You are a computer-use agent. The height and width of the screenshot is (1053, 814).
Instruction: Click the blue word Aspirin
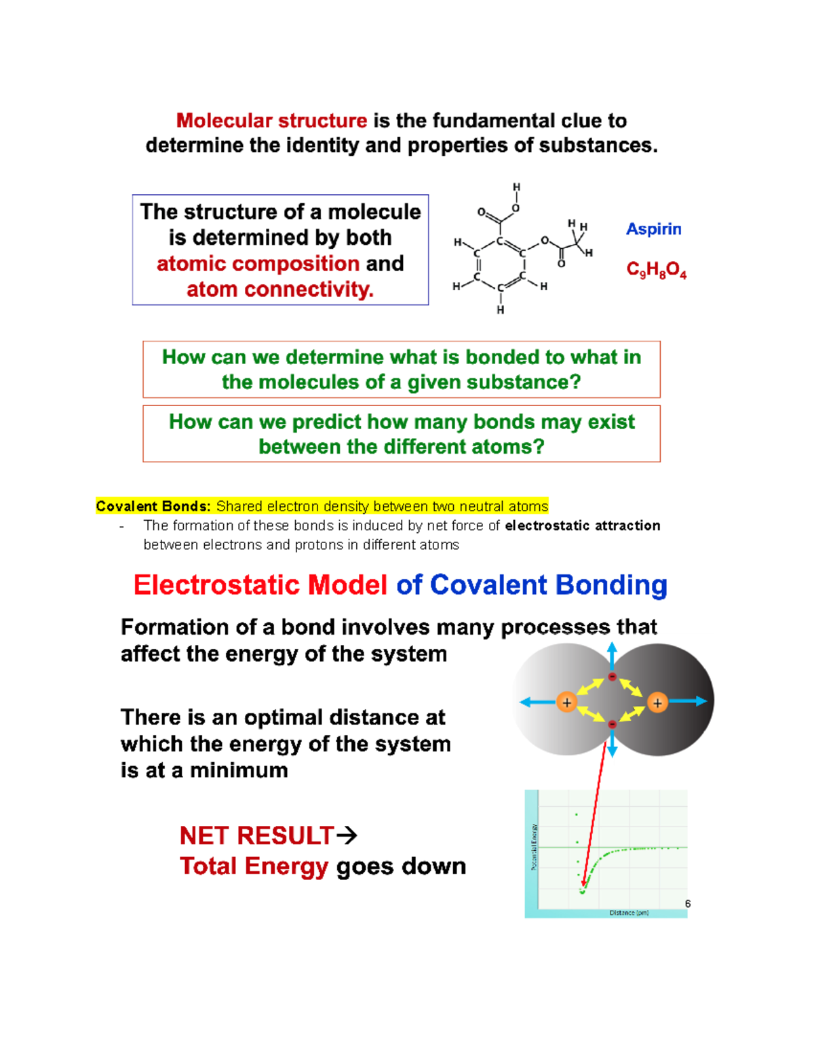coord(653,229)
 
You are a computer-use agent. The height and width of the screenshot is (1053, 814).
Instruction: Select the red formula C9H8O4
coord(656,271)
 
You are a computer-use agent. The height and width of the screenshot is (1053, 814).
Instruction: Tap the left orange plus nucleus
coord(566,702)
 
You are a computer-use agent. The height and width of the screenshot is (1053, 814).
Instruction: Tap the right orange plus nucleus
coord(657,702)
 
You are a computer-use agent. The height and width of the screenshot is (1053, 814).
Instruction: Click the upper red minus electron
coord(612,677)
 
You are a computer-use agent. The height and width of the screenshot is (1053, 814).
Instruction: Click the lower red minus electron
coord(612,725)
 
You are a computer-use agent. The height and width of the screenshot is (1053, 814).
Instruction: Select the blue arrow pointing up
coord(612,654)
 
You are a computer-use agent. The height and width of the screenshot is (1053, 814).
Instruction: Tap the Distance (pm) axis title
coord(629,913)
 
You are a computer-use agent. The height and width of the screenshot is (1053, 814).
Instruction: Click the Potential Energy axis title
coord(535,848)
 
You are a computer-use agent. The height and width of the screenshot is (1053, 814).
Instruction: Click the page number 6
coord(688,903)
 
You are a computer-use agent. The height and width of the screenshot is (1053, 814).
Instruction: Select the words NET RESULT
coord(257,836)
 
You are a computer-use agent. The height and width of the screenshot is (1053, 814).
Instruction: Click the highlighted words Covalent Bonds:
coord(153,506)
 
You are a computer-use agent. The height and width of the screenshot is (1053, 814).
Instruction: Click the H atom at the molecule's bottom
coord(501,310)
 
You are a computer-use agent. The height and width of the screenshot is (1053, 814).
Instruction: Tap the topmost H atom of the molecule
coord(516,187)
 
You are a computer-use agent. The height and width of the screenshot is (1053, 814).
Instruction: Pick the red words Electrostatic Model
coord(260,585)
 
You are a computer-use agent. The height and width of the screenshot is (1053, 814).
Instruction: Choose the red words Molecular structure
coord(271,121)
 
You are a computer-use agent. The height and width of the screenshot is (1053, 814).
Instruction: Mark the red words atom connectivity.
coord(280,290)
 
